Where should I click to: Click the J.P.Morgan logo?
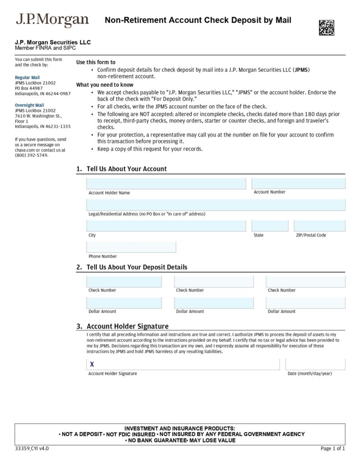click(x=52, y=21)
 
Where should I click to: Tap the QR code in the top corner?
click(x=326, y=27)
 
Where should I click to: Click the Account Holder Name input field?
click(x=166, y=183)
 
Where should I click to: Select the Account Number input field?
click(x=299, y=183)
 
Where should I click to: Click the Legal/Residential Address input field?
click(x=216, y=205)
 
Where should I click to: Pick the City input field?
click(x=166, y=226)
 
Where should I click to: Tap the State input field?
click(x=270, y=226)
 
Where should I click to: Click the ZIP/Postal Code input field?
click(x=319, y=226)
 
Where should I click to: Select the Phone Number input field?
click(x=131, y=247)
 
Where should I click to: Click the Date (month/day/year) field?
click(x=315, y=365)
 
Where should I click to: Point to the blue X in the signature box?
click(x=92, y=365)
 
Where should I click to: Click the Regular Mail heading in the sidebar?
click(x=27, y=77)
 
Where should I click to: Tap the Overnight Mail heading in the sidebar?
click(x=30, y=105)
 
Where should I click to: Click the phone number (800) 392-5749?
click(x=31, y=155)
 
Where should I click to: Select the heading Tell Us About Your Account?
click(x=127, y=169)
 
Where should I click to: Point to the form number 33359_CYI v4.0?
click(x=32, y=448)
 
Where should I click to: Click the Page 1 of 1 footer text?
click(x=333, y=448)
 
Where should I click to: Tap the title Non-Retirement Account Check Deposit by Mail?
click(x=198, y=20)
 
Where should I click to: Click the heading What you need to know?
click(x=105, y=85)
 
